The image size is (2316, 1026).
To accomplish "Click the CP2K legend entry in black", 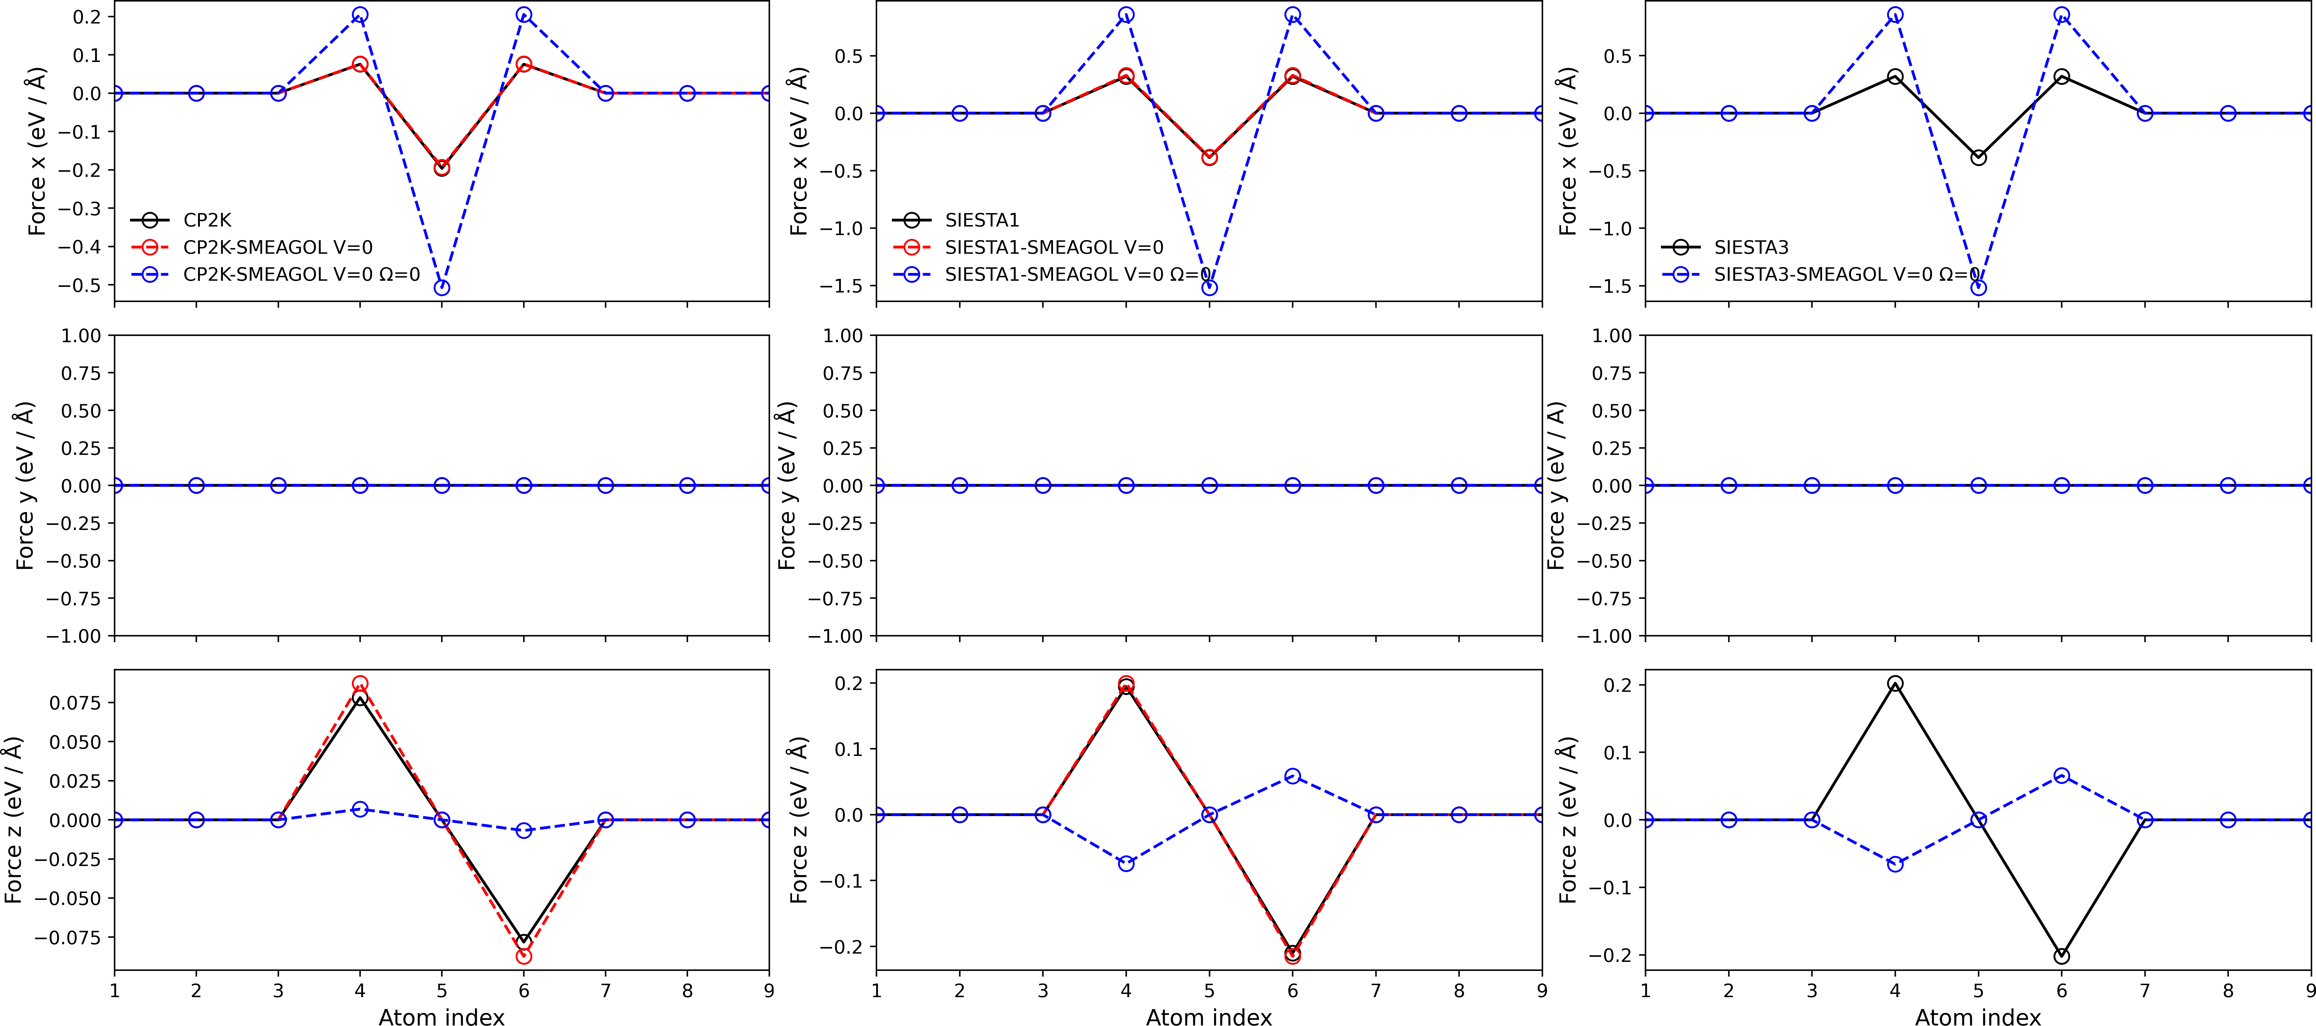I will click(207, 220).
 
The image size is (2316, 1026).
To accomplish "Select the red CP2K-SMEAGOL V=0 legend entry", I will click(277, 247).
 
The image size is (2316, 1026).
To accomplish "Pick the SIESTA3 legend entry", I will click(1750, 247).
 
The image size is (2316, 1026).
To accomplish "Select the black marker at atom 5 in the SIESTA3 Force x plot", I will click(1978, 157).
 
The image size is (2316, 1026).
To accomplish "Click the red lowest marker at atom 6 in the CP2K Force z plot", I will click(523, 956).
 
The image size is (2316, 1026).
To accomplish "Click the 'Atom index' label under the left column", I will click(442, 1016).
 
